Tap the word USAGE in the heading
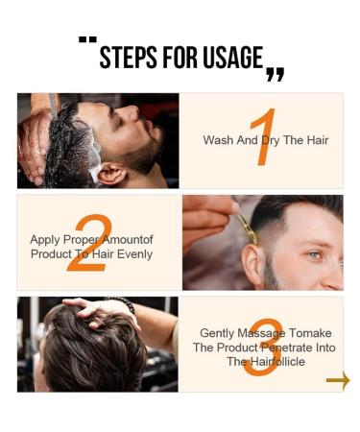(x=230, y=57)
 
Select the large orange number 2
(x=88, y=243)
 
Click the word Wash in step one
(x=217, y=140)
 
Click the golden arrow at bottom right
(x=338, y=381)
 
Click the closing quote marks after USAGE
(x=275, y=73)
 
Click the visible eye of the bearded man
(x=314, y=254)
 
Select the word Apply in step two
(x=45, y=240)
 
